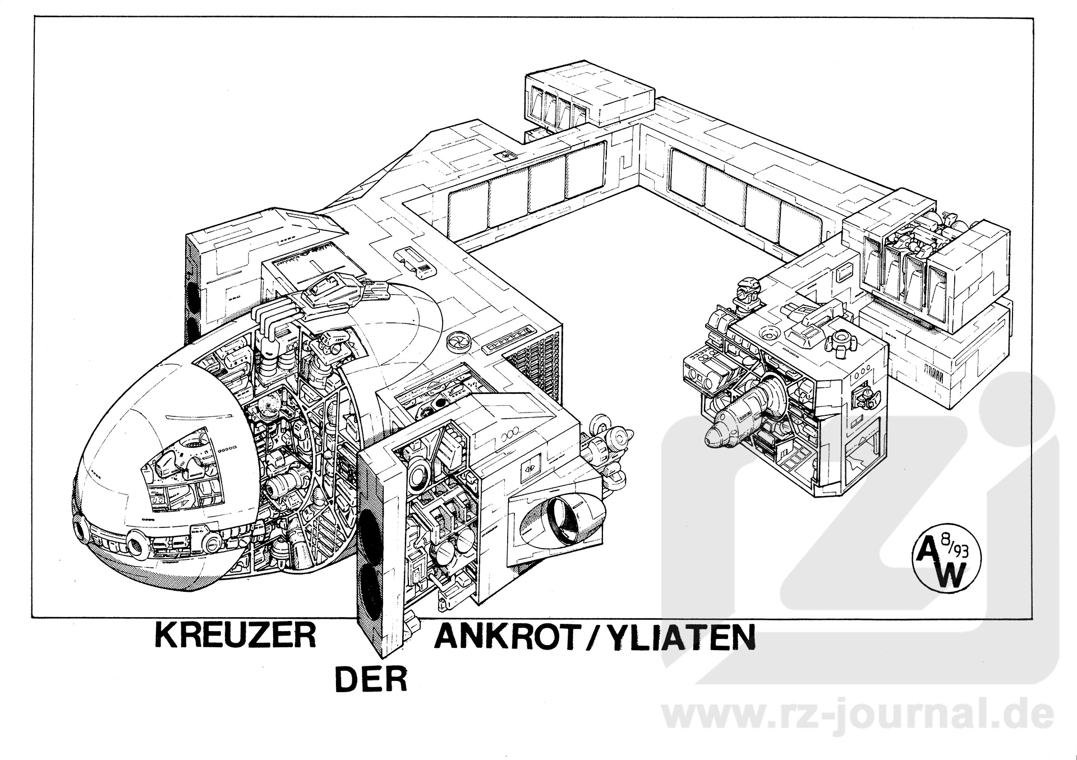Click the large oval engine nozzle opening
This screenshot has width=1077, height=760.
point(564,520)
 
